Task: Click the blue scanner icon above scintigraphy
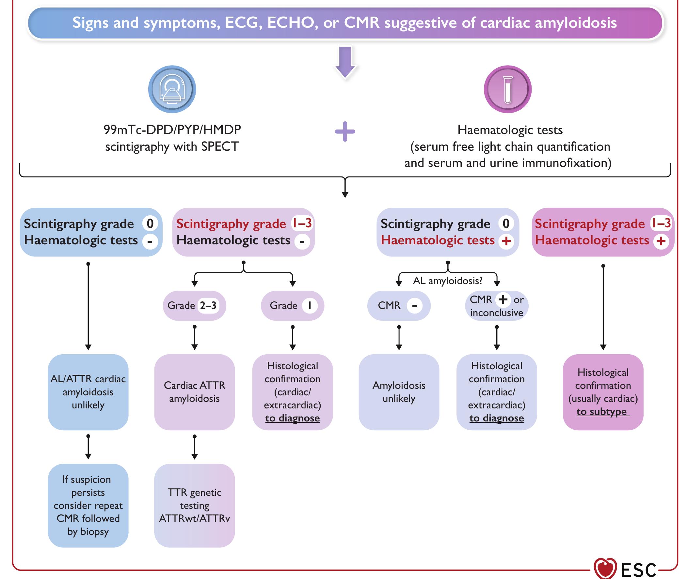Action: coord(172,89)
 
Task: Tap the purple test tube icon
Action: coord(508,89)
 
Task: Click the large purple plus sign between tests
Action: coord(345,132)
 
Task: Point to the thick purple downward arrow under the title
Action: coord(345,62)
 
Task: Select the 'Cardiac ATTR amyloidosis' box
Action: coord(195,392)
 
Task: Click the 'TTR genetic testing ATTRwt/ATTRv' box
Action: coord(195,505)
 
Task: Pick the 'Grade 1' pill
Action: coord(293,306)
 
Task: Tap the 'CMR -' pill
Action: coord(399,306)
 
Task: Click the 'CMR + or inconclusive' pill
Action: coord(496,306)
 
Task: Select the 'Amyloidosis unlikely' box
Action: coord(399,392)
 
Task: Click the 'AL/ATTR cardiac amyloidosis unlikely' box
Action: coord(88,392)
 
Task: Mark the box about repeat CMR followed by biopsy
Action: coord(88,505)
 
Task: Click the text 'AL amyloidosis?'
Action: coord(447,281)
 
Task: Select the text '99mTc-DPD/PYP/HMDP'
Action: coord(172,130)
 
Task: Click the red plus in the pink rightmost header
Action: coord(661,241)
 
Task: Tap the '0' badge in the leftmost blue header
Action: coord(150,224)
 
